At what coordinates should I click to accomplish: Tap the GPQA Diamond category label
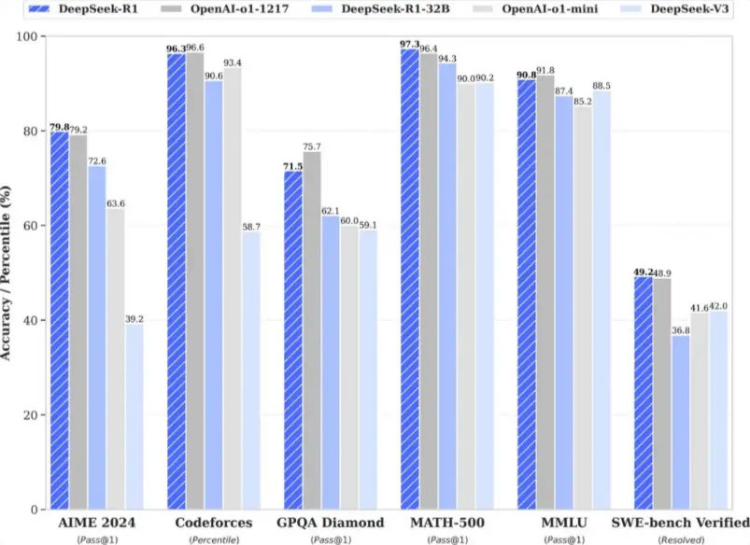[x=331, y=522]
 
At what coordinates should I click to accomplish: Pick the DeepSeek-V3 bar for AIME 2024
[x=134, y=416]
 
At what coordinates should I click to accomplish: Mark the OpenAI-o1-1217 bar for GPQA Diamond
[x=312, y=330]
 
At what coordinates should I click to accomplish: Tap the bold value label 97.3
[x=408, y=43]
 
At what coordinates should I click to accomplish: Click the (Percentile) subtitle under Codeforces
[x=214, y=538]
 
